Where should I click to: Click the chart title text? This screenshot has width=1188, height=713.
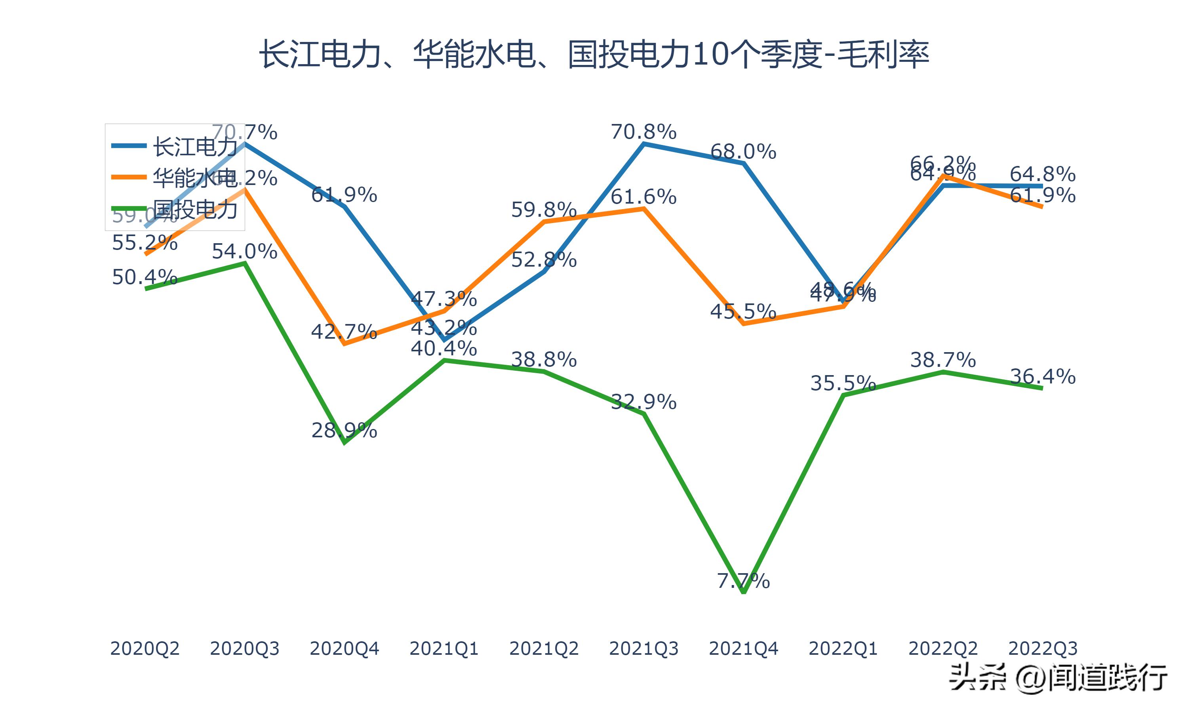tap(594, 54)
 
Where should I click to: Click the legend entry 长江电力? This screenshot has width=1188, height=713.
tap(194, 146)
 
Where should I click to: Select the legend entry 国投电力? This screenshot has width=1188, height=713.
tap(194, 210)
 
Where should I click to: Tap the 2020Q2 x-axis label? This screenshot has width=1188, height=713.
tap(145, 648)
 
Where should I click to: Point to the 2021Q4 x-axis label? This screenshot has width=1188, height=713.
tap(743, 648)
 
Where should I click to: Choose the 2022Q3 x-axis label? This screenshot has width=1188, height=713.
tap(1043, 648)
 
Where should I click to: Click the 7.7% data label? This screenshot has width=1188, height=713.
tap(743, 581)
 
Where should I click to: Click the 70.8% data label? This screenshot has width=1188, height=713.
tap(643, 132)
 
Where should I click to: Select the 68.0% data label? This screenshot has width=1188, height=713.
tap(743, 152)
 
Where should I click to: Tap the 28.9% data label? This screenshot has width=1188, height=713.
tap(344, 430)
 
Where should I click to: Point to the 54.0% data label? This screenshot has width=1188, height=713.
tap(244, 251)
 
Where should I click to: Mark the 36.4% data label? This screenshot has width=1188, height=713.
tap(1043, 376)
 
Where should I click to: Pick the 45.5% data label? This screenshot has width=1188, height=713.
tap(743, 311)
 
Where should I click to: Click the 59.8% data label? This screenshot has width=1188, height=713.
tap(544, 210)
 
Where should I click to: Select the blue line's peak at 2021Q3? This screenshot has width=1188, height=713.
tap(643, 143)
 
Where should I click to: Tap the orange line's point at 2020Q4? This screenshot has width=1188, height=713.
tap(344, 344)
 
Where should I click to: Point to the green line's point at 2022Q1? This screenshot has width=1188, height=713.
tap(843, 395)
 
